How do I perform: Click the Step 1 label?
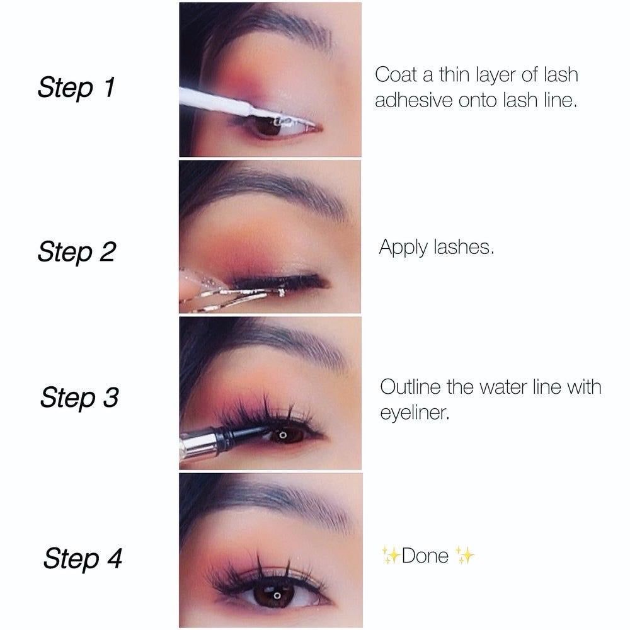point(76,87)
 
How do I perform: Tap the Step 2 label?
point(77,252)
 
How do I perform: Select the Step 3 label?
point(79,398)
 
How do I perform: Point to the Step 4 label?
point(83,558)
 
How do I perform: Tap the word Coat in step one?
point(396,75)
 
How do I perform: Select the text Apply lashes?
point(437,247)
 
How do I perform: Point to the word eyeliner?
point(415,413)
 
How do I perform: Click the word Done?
point(425,556)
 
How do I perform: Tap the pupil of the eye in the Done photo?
point(277,595)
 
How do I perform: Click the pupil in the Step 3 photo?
point(282,435)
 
